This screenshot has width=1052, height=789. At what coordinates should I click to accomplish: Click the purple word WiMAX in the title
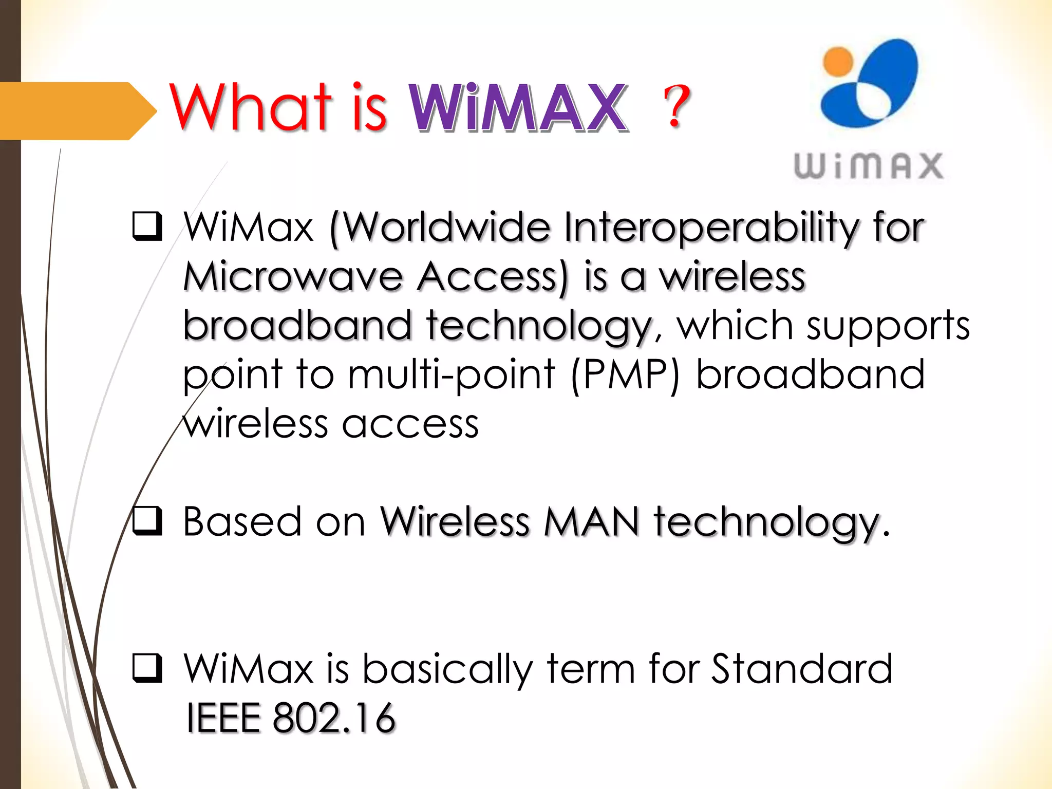pyautogui.click(x=519, y=108)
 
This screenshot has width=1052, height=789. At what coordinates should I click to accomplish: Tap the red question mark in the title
pyautogui.click(x=677, y=106)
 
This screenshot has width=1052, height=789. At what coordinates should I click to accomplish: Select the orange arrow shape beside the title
pyautogui.click(x=77, y=110)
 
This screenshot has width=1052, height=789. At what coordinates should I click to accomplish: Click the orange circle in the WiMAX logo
pyautogui.click(x=838, y=62)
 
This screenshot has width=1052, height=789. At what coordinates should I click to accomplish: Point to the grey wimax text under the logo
pyautogui.click(x=869, y=166)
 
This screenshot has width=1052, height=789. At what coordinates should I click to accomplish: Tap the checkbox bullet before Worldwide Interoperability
pyautogui.click(x=147, y=226)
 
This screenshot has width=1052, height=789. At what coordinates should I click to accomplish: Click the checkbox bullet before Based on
pyautogui.click(x=147, y=520)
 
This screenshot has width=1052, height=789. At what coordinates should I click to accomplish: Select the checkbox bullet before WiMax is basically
pyautogui.click(x=147, y=668)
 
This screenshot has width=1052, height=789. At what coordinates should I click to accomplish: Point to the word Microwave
pyautogui.click(x=293, y=277)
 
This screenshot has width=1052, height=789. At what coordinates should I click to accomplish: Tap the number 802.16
pyautogui.click(x=334, y=718)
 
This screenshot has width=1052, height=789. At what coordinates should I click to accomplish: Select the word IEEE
pyautogui.click(x=223, y=718)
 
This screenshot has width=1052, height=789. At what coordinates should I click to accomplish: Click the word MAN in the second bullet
pyautogui.click(x=591, y=522)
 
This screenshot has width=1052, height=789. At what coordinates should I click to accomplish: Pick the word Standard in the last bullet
pyautogui.click(x=802, y=668)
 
